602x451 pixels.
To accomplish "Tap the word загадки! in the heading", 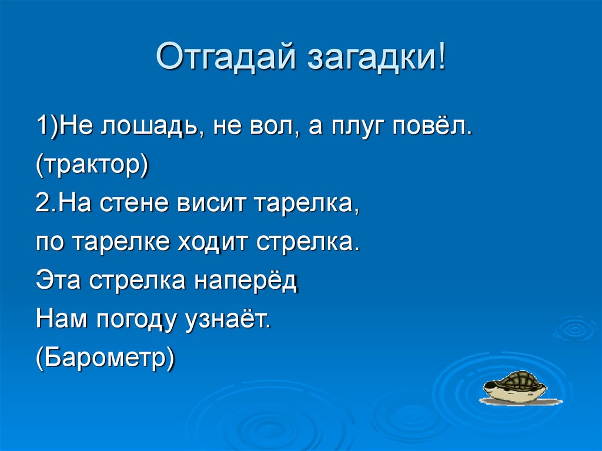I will [x=373, y=58].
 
